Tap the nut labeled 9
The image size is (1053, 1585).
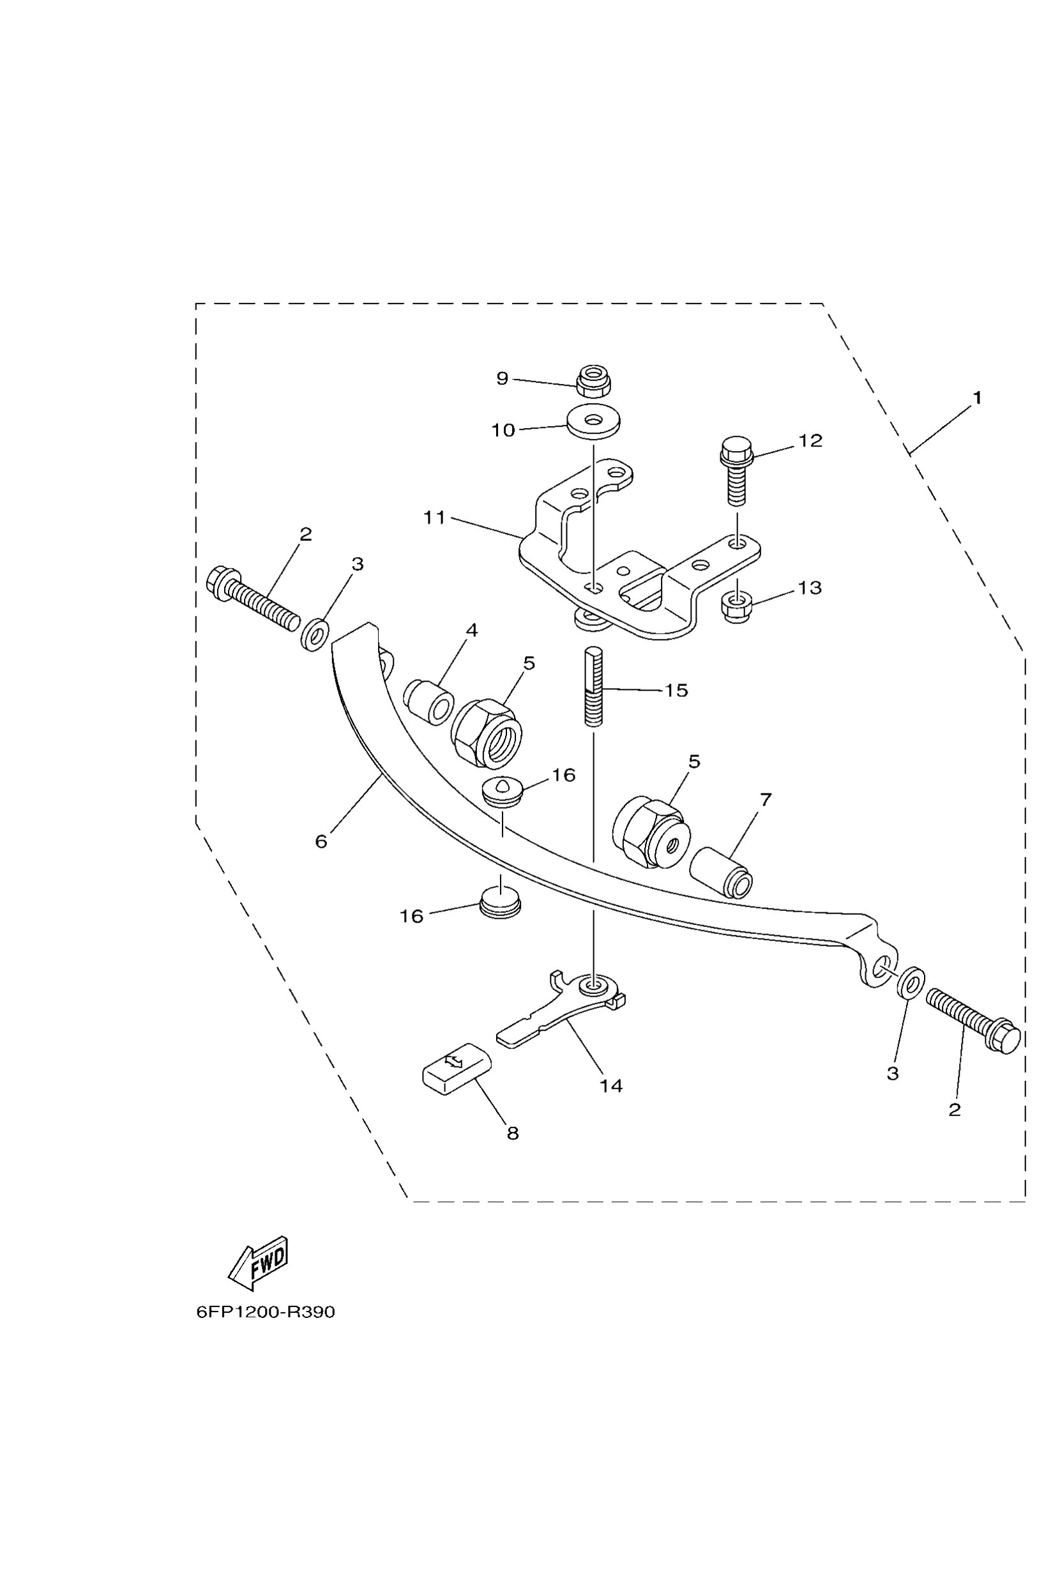point(593,381)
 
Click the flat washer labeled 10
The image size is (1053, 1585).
point(593,421)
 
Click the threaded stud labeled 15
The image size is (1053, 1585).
point(594,685)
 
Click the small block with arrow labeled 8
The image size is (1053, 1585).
point(456,1069)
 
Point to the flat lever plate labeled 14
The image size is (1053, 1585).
point(557,1008)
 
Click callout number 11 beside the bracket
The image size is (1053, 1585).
point(434,518)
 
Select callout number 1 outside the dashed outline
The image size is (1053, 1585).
point(977,398)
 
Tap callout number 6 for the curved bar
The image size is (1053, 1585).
point(321,841)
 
